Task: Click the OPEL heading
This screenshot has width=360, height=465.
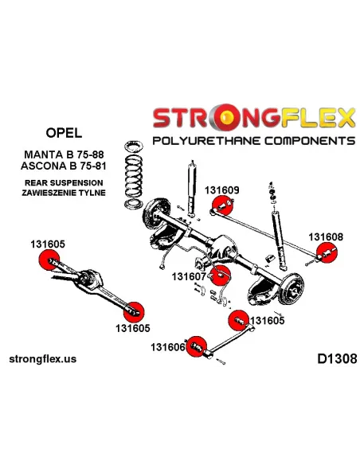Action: pos(64,132)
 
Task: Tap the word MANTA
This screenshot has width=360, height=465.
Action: pos(42,154)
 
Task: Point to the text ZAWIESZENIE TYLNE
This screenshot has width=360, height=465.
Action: pos(64,193)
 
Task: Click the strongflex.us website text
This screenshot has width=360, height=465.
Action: pos(43,359)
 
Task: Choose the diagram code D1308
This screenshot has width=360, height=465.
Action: pos(337,359)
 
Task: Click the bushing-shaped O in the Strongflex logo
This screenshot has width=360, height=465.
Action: pos(226,117)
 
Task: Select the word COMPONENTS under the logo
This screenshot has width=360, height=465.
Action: pos(310,141)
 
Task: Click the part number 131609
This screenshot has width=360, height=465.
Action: pos(221,190)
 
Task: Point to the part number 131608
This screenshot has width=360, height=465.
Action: pos(326,237)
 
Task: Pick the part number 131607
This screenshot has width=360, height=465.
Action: pos(189,276)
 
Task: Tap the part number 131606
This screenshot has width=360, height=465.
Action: pos(168,347)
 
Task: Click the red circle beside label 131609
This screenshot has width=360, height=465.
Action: pos(223,205)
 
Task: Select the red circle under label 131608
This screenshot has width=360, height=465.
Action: pos(327,252)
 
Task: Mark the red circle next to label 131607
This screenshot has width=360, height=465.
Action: pos(220,275)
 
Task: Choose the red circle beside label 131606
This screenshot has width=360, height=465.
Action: pos(196,346)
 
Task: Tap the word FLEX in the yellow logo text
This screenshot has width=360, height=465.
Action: pos(318,118)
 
